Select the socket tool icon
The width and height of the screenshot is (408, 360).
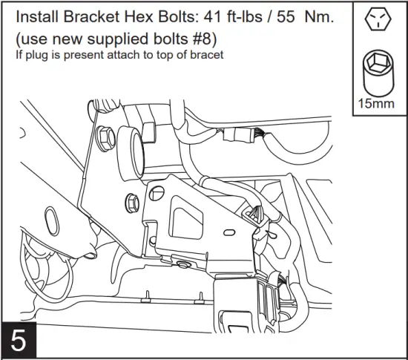coord(377,73)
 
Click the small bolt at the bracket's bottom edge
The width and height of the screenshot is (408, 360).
coord(182,264)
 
